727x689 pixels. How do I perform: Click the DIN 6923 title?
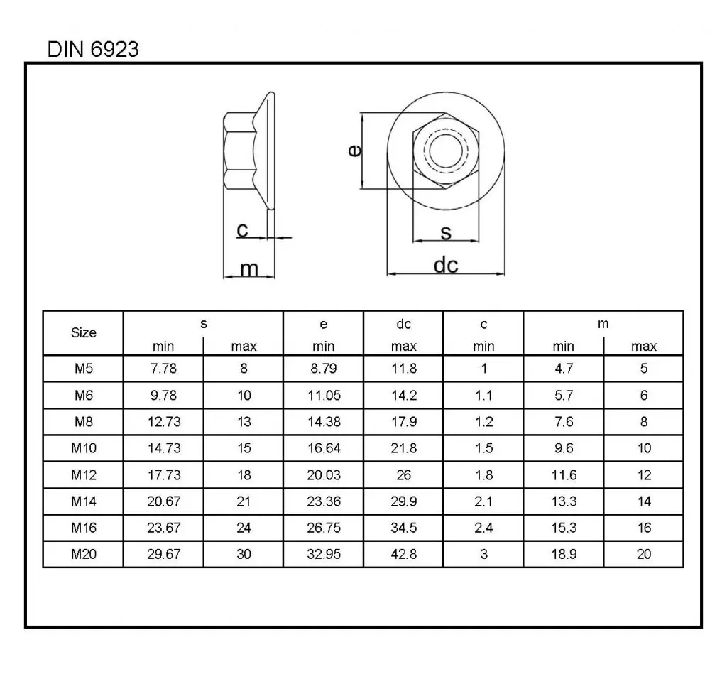tap(92, 50)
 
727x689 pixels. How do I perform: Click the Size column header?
tap(84, 332)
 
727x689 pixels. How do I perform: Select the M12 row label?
tap(84, 474)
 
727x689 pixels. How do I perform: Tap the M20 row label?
tap(84, 554)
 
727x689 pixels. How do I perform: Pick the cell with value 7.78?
tap(163, 369)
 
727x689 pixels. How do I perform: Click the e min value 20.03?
tap(323, 474)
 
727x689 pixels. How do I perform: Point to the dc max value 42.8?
tap(403, 554)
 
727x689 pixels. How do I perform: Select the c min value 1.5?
tap(483, 448)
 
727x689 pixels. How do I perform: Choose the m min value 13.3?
tap(563, 501)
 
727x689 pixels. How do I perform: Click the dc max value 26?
tap(403, 474)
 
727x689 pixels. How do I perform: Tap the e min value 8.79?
tap(323, 369)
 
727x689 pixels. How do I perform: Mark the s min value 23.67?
tap(163, 528)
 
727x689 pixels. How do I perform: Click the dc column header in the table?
tap(403, 325)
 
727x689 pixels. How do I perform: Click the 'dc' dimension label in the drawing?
tap(446, 265)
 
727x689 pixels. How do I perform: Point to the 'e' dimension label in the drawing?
tap(355, 151)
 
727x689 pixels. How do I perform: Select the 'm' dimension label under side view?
tap(248, 268)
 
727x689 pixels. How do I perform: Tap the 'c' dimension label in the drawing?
tap(242, 229)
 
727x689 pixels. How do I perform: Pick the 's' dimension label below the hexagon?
tap(446, 232)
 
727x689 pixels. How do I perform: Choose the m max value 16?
tap(644, 528)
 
